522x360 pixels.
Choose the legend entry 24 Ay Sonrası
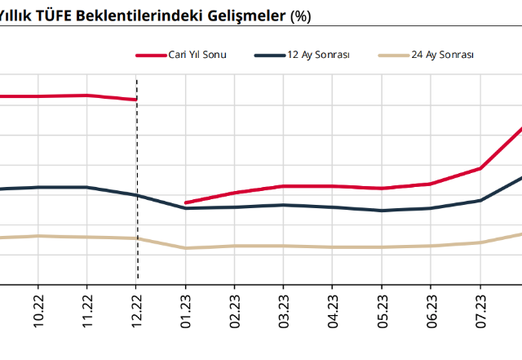pos(443,55)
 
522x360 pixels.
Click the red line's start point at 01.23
pos(186,202)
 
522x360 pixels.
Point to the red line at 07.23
pos(480,168)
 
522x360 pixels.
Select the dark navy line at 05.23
pos(382,211)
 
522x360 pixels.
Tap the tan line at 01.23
pos(186,248)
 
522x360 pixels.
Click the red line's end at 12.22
pos(136,100)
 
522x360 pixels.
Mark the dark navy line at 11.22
pos(87,187)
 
